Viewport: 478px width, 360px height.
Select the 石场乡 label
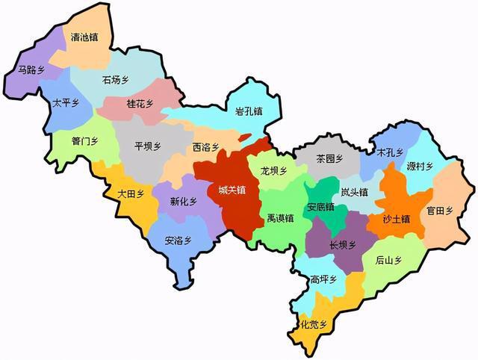pyautogui.click(x=116, y=78)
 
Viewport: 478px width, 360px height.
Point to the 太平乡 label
pyautogui.click(x=66, y=103)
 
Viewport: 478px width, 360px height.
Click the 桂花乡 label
pyautogui.click(x=140, y=104)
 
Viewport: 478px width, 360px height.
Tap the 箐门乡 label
pyautogui.click(x=84, y=140)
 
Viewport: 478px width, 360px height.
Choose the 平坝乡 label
pyautogui.click(x=147, y=146)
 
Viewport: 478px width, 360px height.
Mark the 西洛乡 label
pyautogui.click(x=205, y=147)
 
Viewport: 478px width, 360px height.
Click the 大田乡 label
pyautogui.click(x=131, y=193)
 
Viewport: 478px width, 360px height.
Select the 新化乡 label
pyautogui.click(x=184, y=202)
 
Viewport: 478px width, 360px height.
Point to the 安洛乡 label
pyautogui.click(x=179, y=240)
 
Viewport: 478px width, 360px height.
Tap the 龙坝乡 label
pyautogui.click(x=274, y=171)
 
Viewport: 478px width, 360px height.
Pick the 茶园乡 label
pyautogui.click(x=329, y=159)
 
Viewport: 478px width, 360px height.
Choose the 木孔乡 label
pyautogui.click(x=390, y=152)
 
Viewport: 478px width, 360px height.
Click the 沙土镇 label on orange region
pyautogui.click(x=397, y=219)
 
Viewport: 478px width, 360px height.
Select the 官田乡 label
pyautogui.click(x=440, y=211)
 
